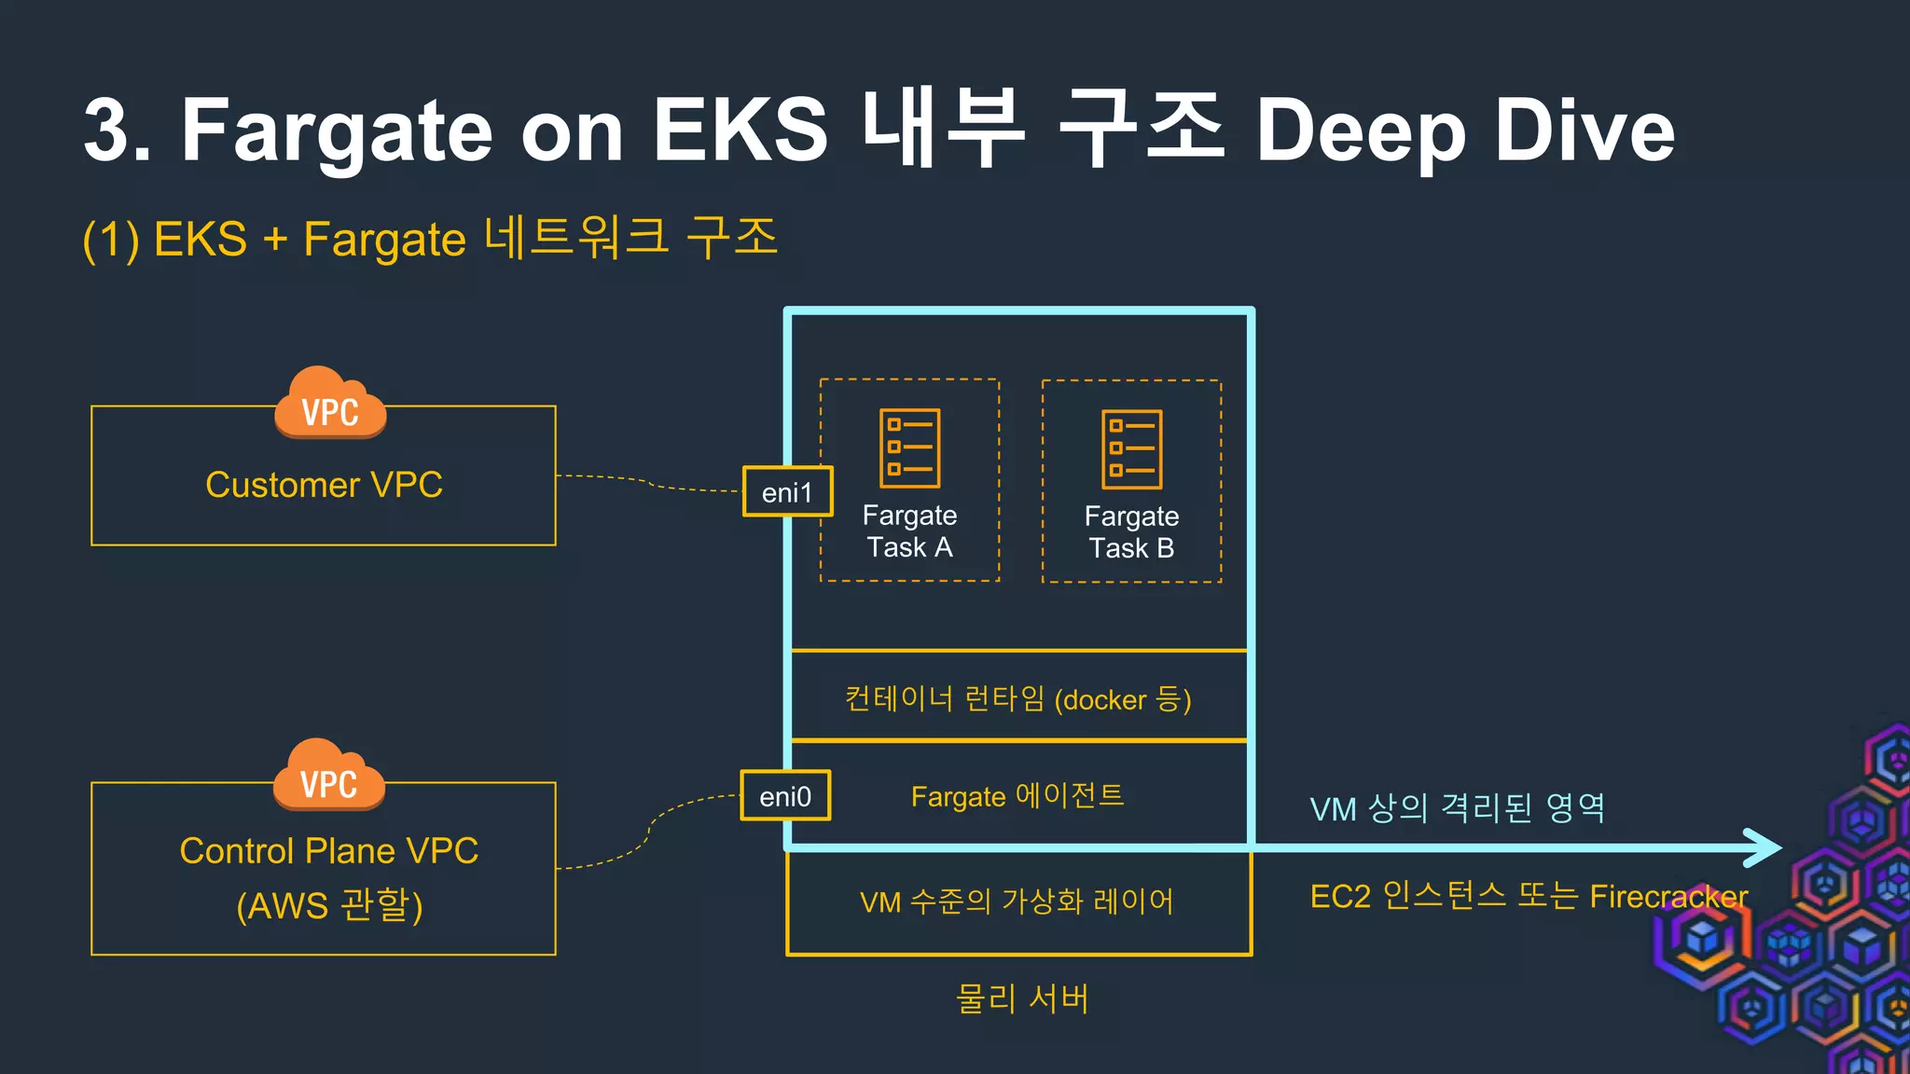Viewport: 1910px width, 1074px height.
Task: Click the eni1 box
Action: (787, 491)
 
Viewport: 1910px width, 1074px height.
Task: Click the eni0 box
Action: (785, 796)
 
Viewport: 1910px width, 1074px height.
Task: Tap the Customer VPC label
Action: (324, 485)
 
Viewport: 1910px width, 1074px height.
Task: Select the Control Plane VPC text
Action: (328, 850)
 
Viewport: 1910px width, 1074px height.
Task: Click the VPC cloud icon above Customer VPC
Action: (330, 405)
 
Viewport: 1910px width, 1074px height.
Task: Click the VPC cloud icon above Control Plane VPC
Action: (328, 777)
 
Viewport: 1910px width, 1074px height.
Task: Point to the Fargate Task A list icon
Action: (909, 448)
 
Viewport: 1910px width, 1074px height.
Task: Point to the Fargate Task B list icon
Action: (1131, 449)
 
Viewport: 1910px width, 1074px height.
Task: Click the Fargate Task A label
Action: (909, 531)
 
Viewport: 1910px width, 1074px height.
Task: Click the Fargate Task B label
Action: (1131, 532)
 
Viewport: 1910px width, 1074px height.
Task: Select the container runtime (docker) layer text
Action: (1017, 698)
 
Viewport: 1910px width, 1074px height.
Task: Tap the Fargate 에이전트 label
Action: (1017, 796)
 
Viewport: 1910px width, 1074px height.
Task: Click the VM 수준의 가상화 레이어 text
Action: (1017, 902)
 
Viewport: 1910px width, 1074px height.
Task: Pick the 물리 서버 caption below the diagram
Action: (1021, 998)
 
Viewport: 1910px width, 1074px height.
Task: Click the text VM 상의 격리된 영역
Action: (1457, 808)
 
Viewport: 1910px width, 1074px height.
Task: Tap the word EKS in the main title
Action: (740, 131)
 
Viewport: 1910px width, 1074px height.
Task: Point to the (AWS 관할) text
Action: (328, 905)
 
